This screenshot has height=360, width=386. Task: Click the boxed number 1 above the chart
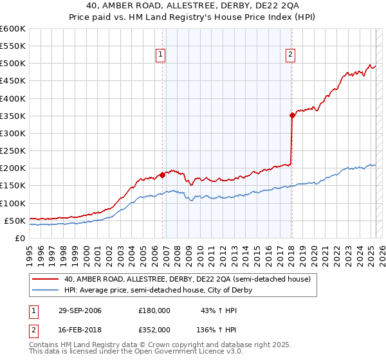pyautogui.click(x=160, y=55)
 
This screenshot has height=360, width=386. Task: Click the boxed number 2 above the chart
pyautogui.click(x=291, y=55)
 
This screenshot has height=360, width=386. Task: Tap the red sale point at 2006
pyautogui.click(x=163, y=174)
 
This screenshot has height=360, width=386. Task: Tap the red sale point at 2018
pyautogui.click(x=292, y=116)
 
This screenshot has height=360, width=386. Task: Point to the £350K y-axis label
pyautogui.click(x=13, y=116)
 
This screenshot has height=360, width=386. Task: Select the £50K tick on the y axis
pyautogui.click(x=15, y=221)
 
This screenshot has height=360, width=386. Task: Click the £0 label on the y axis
pyautogui.click(x=21, y=238)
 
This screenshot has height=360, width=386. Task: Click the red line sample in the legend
pyautogui.click(x=46, y=279)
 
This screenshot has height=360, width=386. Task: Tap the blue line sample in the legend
pyautogui.click(x=46, y=290)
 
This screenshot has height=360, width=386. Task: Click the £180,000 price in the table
pyautogui.click(x=154, y=310)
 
